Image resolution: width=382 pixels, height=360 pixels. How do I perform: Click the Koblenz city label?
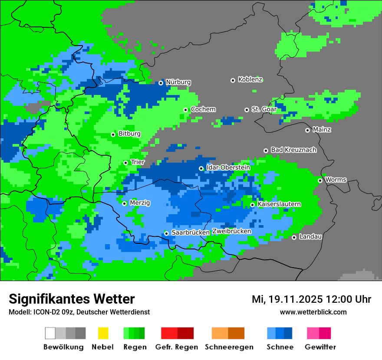click(250, 79)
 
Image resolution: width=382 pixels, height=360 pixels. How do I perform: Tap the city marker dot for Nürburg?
click(161, 82)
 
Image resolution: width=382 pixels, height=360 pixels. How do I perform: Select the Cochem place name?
click(203, 109)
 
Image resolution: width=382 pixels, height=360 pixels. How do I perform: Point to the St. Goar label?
click(264, 109)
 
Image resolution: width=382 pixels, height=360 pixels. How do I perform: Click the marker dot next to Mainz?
click(307, 130)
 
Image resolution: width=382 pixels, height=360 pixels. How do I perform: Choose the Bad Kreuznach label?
click(293, 150)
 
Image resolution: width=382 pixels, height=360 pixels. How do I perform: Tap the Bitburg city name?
click(129, 134)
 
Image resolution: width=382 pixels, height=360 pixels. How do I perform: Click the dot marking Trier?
click(125, 163)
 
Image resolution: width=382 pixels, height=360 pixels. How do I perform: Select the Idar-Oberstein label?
click(228, 167)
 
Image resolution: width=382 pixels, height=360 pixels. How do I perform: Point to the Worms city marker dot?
click(320, 180)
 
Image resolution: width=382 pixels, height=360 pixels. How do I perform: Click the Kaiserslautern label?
click(279, 204)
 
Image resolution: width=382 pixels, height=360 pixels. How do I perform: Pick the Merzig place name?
click(140, 203)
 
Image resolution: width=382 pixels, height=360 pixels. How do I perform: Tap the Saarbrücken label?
click(191, 232)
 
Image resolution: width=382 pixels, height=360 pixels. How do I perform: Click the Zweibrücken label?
click(231, 231)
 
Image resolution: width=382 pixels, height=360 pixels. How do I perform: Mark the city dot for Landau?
click(294, 237)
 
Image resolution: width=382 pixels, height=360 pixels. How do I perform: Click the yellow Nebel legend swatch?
click(103, 333)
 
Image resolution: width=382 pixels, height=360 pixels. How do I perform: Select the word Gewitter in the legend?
click(320, 347)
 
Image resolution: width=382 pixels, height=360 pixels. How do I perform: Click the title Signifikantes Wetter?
click(72, 299)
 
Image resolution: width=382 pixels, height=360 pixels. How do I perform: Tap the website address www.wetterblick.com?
click(313, 312)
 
